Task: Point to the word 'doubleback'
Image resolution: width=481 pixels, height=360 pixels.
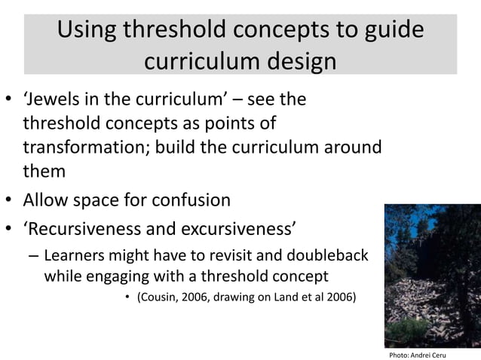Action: (330, 256)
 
